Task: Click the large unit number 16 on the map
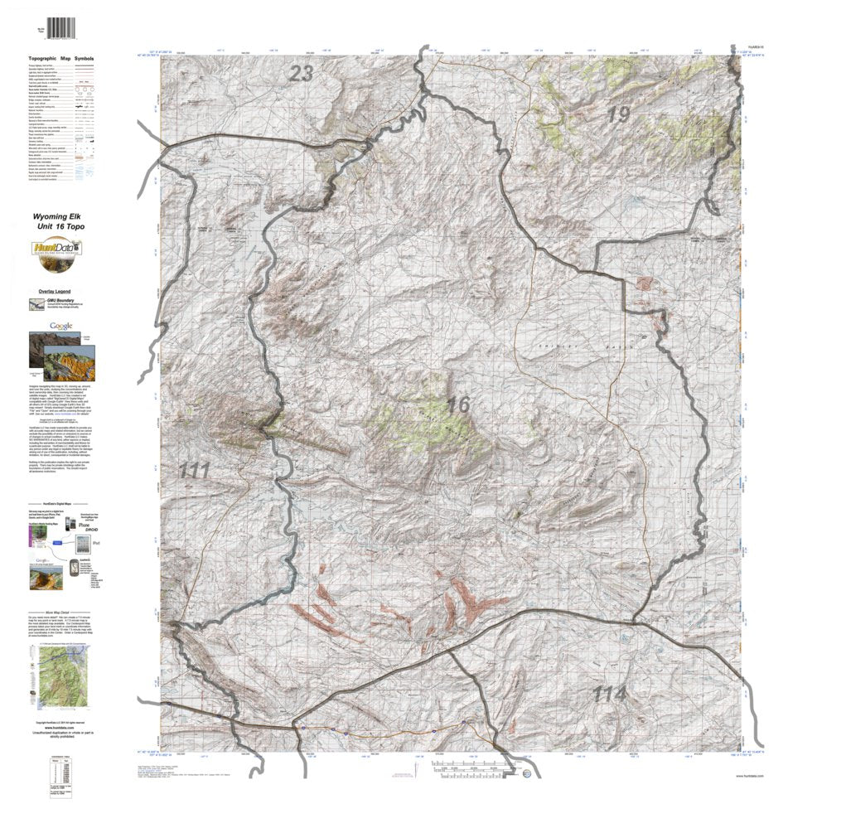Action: click(458, 405)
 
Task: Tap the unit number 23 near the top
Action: click(301, 75)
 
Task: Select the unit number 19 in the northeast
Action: click(618, 115)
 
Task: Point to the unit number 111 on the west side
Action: click(194, 471)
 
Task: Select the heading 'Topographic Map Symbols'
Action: click(61, 60)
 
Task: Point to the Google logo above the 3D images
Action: click(60, 326)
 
